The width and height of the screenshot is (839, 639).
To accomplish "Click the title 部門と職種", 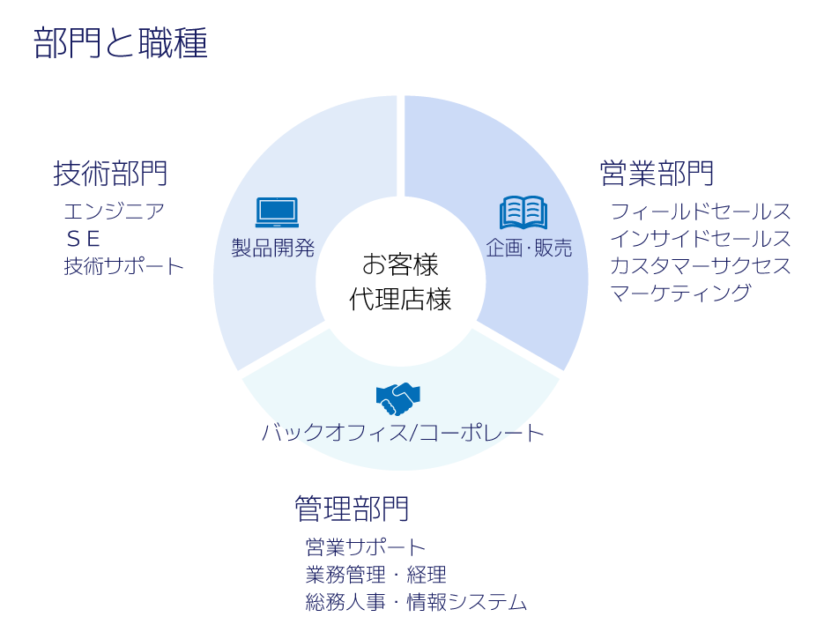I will [x=121, y=43].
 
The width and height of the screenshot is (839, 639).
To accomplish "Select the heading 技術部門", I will [x=110, y=173].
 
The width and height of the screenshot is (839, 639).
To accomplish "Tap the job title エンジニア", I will [x=115, y=212].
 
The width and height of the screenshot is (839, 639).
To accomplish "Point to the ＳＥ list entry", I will [x=83, y=239].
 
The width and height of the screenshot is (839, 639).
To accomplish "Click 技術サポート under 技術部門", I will [x=124, y=266].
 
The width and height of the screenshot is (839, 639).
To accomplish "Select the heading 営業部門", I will [x=657, y=173].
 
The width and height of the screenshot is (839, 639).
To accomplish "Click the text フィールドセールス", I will [x=701, y=212].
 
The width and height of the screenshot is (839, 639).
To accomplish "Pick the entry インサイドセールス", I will [x=701, y=239].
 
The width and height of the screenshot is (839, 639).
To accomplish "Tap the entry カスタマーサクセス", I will [x=701, y=266].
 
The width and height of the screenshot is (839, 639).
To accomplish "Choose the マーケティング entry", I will [x=680, y=293].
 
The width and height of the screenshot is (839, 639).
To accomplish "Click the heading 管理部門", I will [x=352, y=509].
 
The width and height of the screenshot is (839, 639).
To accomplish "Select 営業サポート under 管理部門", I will [x=366, y=547].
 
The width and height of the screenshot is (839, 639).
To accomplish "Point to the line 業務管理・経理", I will [x=375, y=576].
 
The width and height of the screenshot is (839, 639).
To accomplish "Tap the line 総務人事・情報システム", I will [x=416, y=603].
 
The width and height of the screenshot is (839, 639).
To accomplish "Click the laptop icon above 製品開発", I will [x=277, y=212].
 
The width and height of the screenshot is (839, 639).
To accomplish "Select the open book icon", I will [x=523, y=212].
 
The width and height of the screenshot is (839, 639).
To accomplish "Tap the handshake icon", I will [x=398, y=398].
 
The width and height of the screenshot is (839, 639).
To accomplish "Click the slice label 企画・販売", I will [x=529, y=249].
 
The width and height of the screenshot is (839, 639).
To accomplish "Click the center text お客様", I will [x=400, y=264].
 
